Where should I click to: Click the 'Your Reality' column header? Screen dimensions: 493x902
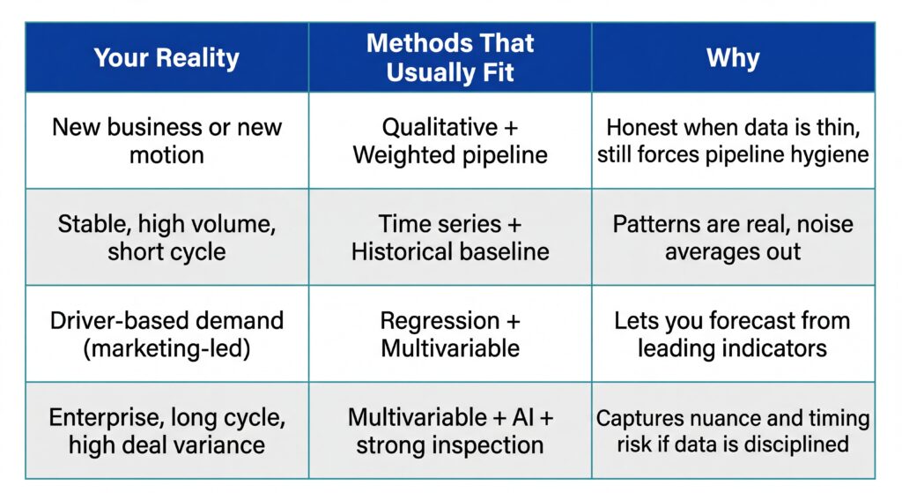pyautogui.click(x=166, y=58)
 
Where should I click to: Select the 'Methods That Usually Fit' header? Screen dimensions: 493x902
pyautogui.click(x=449, y=58)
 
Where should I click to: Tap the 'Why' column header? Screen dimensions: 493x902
pyautogui.click(x=733, y=58)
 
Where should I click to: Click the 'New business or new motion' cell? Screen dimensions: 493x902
pyautogui.click(x=166, y=140)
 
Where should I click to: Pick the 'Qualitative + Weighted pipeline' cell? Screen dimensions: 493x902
pyautogui.click(x=449, y=140)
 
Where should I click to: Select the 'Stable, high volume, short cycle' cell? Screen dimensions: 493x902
pyautogui.click(x=166, y=236)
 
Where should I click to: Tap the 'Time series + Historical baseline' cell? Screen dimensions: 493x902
pyautogui.click(x=449, y=236)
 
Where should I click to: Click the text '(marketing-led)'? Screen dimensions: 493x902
pyautogui.click(x=166, y=347)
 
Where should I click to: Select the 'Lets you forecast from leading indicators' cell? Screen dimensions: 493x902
pyautogui.click(x=733, y=333)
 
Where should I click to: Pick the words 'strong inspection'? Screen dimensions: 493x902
pyautogui.click(x=449, y=444)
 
